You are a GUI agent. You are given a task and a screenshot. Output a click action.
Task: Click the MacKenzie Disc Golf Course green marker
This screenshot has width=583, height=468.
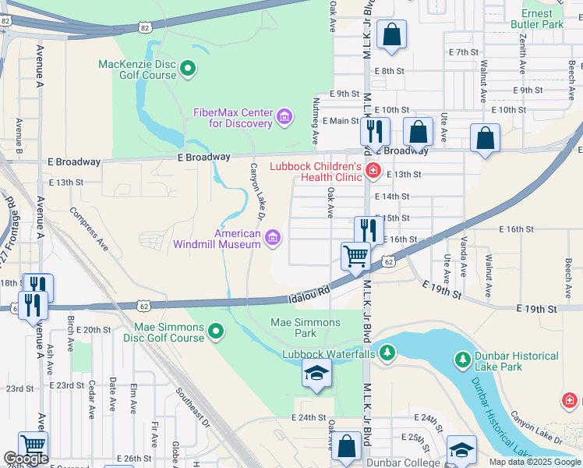click(x=187, y=70)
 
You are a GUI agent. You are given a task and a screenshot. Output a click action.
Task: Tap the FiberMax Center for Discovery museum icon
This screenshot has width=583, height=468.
click(x=284, y=118)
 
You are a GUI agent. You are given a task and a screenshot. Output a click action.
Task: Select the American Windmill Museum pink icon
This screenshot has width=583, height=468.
click(x=273, y=239)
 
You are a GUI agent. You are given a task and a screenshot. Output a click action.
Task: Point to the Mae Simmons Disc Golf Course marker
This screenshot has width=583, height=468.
click(x=216, y=333)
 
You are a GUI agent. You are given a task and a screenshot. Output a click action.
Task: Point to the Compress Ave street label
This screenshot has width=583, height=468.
click(x=89, y=229)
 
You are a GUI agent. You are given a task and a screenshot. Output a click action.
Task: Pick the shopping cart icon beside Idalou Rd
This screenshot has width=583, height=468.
click(x=355, y=255)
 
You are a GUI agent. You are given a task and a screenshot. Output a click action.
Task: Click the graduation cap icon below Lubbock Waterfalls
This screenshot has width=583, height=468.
click(x=316, y=375)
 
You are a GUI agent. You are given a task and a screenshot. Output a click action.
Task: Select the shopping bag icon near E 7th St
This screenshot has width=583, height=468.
click(x=391, y=34)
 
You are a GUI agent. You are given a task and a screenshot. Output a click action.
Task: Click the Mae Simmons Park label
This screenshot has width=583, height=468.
click(x=306, y=328)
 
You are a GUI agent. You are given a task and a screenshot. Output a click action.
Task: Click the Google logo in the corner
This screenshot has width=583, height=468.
click(x=26, y=459)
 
